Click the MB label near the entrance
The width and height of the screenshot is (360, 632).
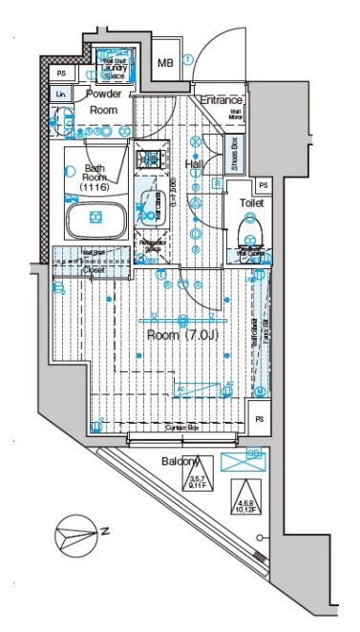tap(164, 63)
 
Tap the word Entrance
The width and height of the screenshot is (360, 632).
tap(221, 100)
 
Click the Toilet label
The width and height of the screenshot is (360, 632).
tap(250, 203)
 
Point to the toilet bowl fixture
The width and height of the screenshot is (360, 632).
tap(251, 231)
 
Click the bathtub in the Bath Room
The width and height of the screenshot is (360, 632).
tap(95, 220)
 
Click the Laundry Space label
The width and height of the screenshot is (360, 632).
tap(115, 68)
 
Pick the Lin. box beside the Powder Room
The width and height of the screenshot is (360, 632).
tap(61, 95)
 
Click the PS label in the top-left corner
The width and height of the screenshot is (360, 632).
tap(61, 73)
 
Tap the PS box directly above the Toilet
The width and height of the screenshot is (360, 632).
tap(263, 185)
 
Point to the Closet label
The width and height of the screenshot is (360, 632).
tap(94, 269)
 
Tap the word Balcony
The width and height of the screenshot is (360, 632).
tap(180, 462)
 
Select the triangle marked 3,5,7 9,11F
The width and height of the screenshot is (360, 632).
tap(197, 479)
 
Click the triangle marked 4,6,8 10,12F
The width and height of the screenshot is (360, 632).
tap(244, 496)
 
